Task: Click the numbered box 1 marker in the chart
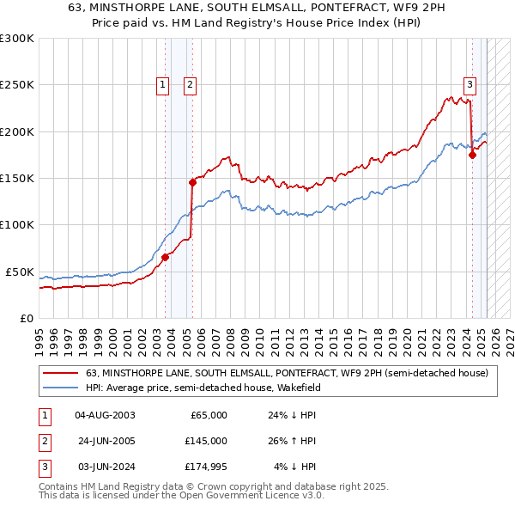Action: pos(163,84)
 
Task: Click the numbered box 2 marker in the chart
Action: pos(189,84)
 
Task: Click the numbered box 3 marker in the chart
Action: pos(470,84)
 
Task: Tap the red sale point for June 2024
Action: pos(472,156)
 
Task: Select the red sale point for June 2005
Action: pos(193,182)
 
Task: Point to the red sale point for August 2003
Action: pos(165,257)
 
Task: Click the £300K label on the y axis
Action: pos(17,39)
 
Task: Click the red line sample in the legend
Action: pos(61,373)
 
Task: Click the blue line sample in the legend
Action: pos(61,388)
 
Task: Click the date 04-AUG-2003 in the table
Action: pos(105,415)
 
